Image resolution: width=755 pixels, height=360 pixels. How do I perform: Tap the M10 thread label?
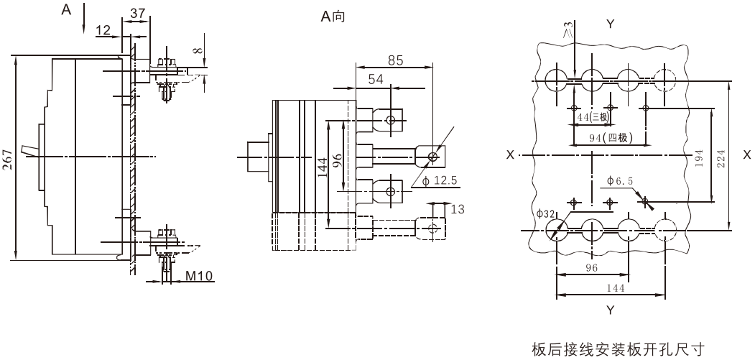[199, 276]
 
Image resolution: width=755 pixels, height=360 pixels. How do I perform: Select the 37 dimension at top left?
[138, 13]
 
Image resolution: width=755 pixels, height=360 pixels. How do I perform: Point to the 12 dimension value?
[103, 30]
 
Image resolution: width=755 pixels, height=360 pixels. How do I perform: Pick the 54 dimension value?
[376, 79]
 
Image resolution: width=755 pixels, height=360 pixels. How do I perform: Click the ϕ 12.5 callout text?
[440, 181]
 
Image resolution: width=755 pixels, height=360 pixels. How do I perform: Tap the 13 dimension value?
[458, 209]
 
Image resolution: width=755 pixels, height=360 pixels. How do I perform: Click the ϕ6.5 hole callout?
[620, 181]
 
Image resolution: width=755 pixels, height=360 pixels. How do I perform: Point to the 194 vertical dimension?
[699, 157]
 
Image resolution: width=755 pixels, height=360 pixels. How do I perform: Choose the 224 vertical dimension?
[721, 157]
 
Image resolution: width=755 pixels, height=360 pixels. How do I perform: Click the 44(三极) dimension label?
[591, 116]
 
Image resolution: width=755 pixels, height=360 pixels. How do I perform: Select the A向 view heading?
[333, 17]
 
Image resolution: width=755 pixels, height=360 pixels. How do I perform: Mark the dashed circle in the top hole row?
[665, 78]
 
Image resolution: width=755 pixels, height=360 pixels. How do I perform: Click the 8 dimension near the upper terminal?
[201, 50]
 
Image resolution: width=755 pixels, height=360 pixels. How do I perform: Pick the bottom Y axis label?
[611, 310]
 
